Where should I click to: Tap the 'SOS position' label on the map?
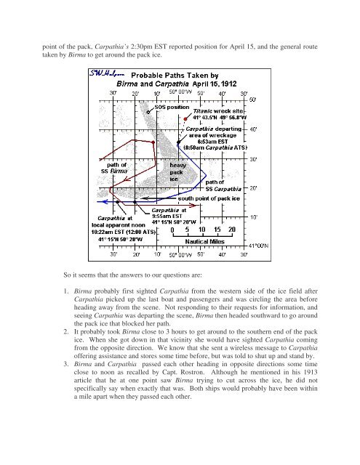point(175,107)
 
